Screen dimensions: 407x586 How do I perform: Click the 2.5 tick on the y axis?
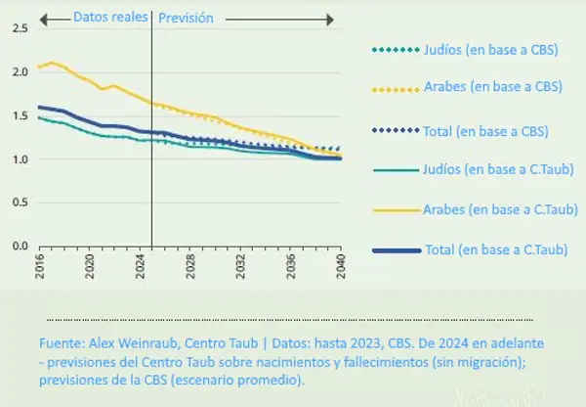coord(20,27)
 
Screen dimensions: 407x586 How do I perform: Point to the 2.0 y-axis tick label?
coord(20,71)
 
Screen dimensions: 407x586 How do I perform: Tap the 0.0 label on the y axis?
coord(20,247)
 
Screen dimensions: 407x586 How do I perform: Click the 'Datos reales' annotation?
coord(104,17)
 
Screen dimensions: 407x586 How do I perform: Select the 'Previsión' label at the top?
coord(186,17)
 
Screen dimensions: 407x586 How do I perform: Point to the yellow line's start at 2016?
coord(40,67)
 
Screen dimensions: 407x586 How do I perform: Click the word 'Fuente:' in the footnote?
coord(61,345)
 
